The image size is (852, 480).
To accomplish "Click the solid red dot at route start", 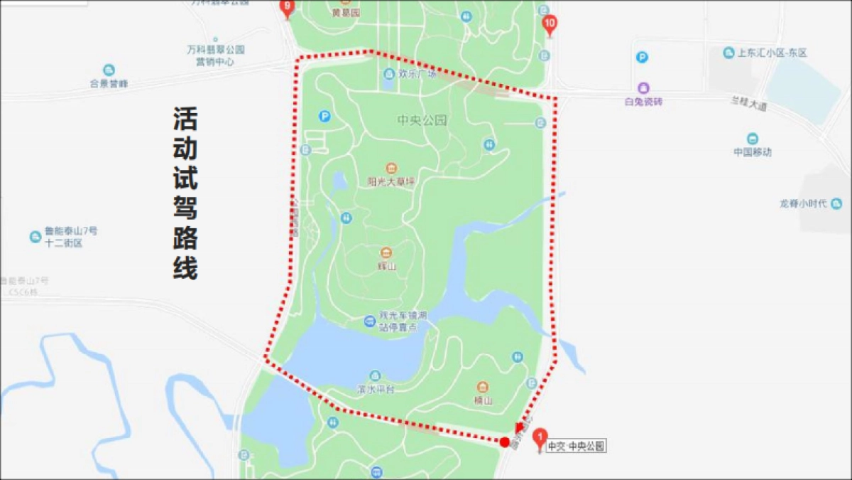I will (505, 442).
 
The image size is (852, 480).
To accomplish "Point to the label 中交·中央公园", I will (577, 447).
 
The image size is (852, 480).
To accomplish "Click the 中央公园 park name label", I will (423, 120).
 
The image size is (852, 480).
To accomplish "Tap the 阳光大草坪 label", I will (390, 182).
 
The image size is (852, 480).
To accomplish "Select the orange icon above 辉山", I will (386, 252).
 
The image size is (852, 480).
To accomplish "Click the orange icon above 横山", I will (483, 387).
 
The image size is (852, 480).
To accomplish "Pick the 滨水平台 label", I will (375, 389).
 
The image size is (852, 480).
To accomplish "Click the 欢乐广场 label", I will (417, 73).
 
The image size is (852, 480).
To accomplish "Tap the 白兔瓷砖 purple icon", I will (643, 88).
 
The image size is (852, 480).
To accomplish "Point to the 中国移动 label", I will (753, 151).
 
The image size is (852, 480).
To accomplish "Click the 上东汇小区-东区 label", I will (772, 53).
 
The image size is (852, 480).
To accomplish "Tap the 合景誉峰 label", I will (109, 83).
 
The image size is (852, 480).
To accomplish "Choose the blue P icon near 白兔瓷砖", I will (642, 58).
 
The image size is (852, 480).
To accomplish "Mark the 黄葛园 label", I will (346, 13).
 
